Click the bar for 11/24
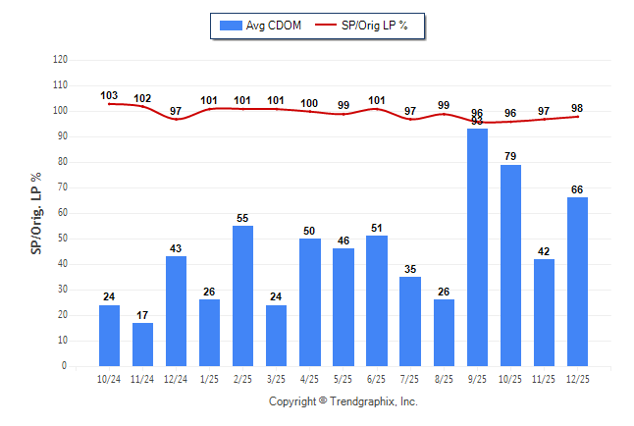[x=142, y=345]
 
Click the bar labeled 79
[x=510, y=265]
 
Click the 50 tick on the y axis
[x=61, y=239]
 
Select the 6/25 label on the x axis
[x=377, y=378]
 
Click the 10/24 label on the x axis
[x=109, y=378]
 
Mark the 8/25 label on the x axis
[x=444, y=378]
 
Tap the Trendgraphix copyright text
[x=343, y=401]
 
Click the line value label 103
[x=109, y=96]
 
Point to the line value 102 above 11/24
[x=142, y=98]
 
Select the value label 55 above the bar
[x=242, y=218]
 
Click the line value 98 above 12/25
[x=577, y=109]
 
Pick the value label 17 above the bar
[x=142, y=315]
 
